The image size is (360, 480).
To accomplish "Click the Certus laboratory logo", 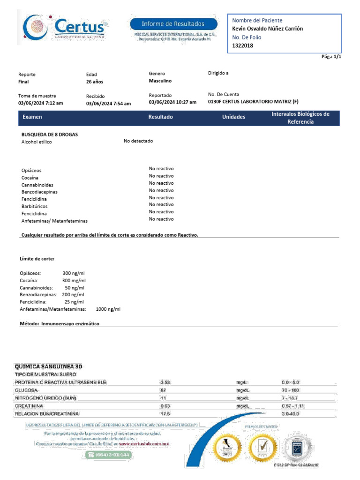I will (x=64, y=28).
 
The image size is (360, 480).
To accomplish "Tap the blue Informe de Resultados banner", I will (x=173, y=23).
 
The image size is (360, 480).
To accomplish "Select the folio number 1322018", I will (x=242, y=45).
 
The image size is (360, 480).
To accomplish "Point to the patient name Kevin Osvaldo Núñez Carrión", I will (x=268, y=29).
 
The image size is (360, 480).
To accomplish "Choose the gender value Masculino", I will (x=160, y=81).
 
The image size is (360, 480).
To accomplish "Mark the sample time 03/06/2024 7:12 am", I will (x=41, y=103).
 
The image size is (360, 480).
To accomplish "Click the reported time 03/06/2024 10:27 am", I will (x=172, y=102).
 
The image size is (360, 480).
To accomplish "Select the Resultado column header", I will (x=160, y=117).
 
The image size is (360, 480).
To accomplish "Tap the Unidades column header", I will (x=233, y=117).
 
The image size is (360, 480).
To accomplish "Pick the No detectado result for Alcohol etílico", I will (x=138, y=141).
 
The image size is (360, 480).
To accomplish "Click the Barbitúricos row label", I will (x=34, y=206).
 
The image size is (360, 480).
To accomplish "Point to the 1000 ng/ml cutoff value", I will (x=108, y=309).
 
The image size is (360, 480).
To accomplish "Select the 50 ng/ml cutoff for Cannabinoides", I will (x=75, y=287).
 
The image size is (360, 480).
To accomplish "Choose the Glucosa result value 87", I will (x=164, y=390).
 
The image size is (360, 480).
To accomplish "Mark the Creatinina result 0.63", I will (x=165, y=405).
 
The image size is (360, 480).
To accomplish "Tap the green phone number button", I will (x=108, y=455).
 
